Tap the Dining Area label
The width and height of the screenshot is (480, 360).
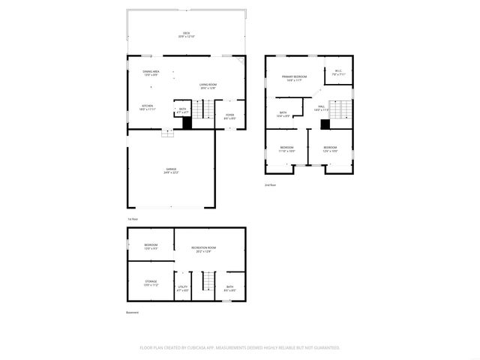[151, 73]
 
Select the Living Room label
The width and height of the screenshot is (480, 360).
[208, 85]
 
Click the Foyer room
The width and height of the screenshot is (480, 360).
[229, 115]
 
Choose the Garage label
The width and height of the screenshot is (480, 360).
[171, 170]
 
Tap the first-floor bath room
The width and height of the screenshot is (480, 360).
[183, 110]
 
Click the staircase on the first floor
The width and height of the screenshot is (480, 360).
[200, 111]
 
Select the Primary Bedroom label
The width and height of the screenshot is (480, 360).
[294, 77]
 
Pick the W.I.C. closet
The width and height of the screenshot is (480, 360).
[338, 73]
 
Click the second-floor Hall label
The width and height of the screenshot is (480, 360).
[321, 108]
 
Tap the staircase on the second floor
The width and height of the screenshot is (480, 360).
[341, 111]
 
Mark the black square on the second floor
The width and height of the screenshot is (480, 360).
[325, 124]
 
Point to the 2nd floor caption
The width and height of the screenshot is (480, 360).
[270, 184]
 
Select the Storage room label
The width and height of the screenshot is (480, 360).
[151, 283]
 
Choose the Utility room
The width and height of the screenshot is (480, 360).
[182, 288]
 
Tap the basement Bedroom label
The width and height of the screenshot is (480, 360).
[151, 246]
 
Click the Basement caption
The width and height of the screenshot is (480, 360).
[133, 312]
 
